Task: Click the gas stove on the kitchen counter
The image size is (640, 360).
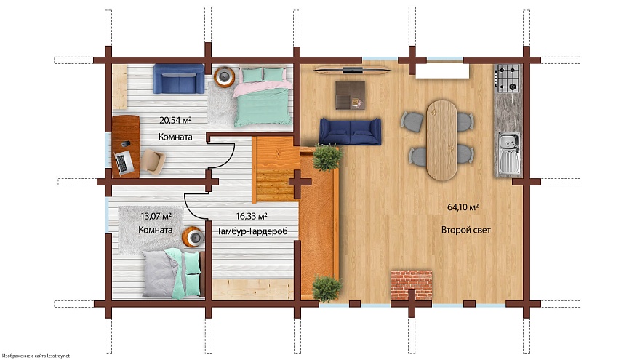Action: (508, 78)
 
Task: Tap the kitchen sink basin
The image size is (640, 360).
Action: (508, 153)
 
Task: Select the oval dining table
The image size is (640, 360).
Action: (441, 140)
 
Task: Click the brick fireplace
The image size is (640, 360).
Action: (412, 285)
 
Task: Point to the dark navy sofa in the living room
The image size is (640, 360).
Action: (351, 132)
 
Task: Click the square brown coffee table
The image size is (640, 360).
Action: (351, 95)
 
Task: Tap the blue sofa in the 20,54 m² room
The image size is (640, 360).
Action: (179, 79)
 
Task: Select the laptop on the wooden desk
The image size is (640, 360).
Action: (123, 162)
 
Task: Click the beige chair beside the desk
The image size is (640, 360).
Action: (154, 161)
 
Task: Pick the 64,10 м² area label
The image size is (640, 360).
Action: (463, 207)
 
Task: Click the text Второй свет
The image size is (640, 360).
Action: (465, 230)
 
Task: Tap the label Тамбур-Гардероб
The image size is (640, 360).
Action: (252, 231)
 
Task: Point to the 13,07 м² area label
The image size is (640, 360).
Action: (156, 216)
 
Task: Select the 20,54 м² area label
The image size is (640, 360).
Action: (175, 120)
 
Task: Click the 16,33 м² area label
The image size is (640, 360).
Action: (252, 216)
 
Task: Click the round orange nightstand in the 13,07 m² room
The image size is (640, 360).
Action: (193, 237)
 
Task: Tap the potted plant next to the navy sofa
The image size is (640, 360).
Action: (327, 157)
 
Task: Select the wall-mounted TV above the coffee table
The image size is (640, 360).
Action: (352, 71)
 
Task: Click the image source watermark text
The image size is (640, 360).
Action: (36, 356)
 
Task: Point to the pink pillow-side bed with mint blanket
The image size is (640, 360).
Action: (263, 97)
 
